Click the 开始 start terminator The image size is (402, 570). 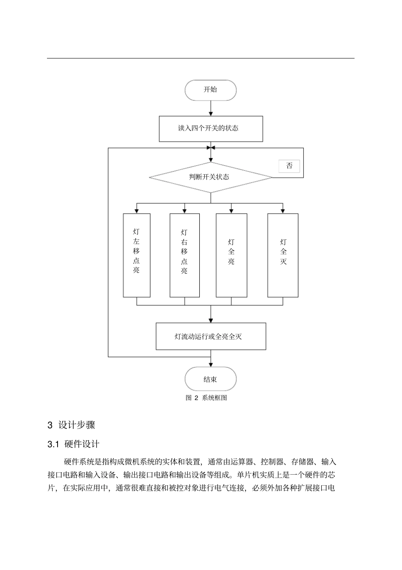[x=210, y=90]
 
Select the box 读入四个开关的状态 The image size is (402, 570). [x=210, y=128]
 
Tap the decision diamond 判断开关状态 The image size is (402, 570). [x=210, y=177]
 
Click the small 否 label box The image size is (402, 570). [x=289, y=166]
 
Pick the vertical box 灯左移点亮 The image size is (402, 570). [x=136, y=255]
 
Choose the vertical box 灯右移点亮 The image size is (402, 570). [x=184, y=255]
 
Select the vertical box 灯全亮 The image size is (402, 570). [x=231, y=255]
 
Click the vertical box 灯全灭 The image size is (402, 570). [x=283, y=255]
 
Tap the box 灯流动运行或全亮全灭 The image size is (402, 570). [x=210, y=336]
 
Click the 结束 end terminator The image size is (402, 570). [x=210, y=379]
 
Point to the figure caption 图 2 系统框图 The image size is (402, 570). [x=206, y=398]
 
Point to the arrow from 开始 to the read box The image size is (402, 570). [x=210, y=109]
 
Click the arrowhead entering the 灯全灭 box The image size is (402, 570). [x=283, y=211]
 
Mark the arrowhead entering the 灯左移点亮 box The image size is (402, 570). [x=136, y=211]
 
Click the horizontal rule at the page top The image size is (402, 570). [x=201, y=58]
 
